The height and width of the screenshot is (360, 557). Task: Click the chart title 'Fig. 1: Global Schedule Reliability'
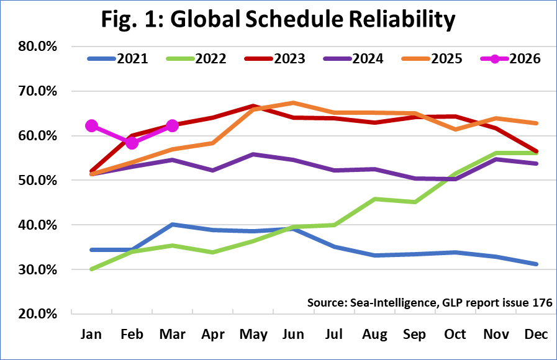tap(278, 20)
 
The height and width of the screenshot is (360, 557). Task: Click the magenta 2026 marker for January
tap(92, 126)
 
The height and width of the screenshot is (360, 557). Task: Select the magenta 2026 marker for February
tap(132, 143)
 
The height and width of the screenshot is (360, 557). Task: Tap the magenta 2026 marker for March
tap(172, 126)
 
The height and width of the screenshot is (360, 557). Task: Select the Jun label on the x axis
tap(293, 335)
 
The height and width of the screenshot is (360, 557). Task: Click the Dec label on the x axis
tap(536, 335)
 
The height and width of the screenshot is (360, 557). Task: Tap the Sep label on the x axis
tap(414, 335)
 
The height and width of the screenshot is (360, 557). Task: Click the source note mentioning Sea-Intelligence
tap(428, 302)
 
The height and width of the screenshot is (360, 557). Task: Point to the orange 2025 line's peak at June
tap(293, 103)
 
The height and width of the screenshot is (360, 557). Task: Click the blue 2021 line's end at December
tap(536, 264)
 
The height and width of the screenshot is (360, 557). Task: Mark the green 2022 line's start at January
tap(92, 269)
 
